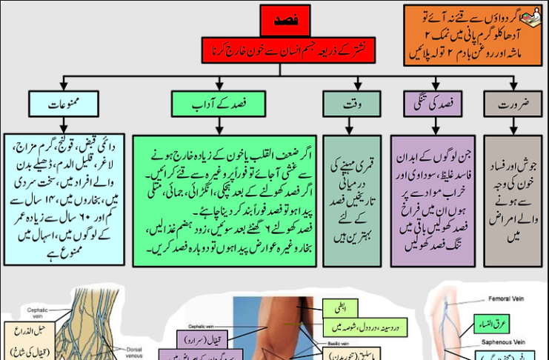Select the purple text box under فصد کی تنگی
click(433, 200)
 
